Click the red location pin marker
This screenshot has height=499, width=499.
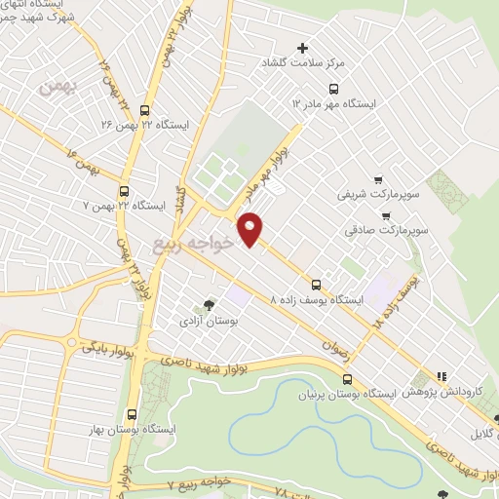tap(250, 228)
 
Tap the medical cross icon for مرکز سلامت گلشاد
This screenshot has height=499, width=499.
tap(302, 48)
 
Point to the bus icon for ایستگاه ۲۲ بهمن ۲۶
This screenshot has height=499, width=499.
tap(144, 110)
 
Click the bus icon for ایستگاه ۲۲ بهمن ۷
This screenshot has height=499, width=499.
tap(124, 192)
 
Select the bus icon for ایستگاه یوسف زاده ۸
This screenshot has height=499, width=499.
tap(316, 285)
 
